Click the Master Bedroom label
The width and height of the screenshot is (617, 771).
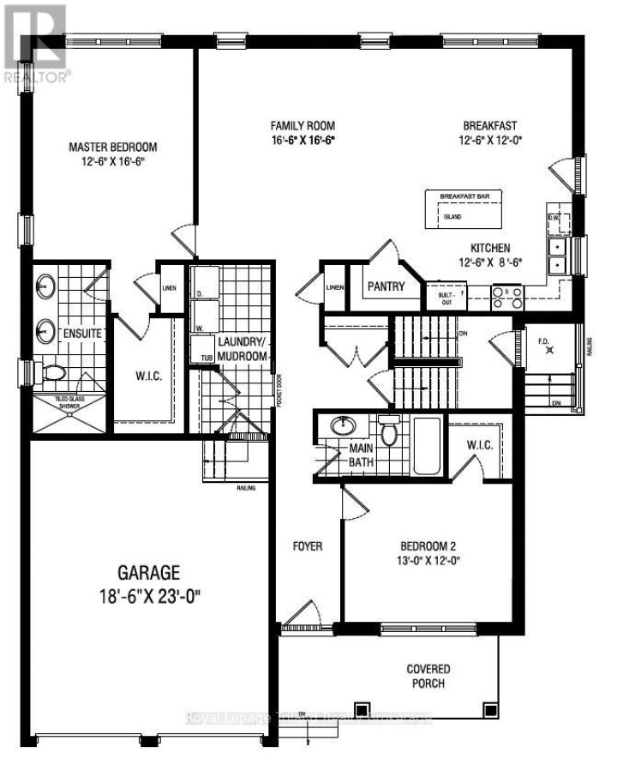[x=113, y=147]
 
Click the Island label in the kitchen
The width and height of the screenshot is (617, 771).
[x=452, y=217]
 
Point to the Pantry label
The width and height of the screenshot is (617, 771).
[x=386, y=287]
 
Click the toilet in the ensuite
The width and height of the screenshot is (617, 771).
[x=55, y=373]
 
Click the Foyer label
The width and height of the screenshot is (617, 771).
[x=307, y=546]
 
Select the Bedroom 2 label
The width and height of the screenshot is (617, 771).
[x=431, y=546]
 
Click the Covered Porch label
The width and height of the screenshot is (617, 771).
[x=428, y=676]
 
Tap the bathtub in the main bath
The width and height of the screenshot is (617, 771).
[x=426, y=443]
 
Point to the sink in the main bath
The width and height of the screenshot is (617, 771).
[x=345, y=425]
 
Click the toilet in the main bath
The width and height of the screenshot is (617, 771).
[x=389, y=431]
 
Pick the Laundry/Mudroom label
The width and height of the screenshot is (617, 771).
[x=243, y=349]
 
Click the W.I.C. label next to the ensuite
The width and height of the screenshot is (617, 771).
[x=148, y=376]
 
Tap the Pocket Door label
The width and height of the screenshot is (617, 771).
[x=281, y=394]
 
